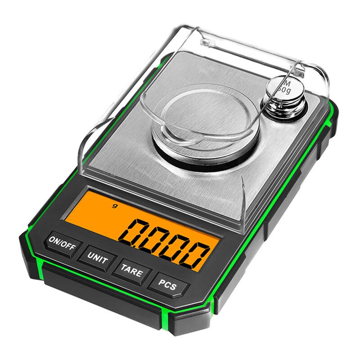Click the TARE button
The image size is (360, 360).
[131, 272]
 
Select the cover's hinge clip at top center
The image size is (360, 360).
[207, 43]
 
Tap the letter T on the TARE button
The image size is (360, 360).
[123, 269]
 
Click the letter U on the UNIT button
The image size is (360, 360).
[90, 256]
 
